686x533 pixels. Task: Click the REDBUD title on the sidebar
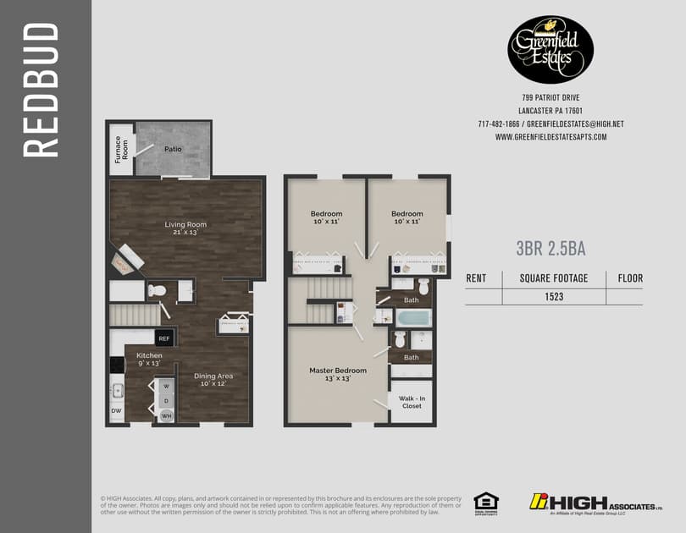pyautogui.click(x=41, y=91)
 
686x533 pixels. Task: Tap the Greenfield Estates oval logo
pyautogui.click(x=550, y=49)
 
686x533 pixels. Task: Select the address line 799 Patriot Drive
pyautogui.click(x=550, y=98)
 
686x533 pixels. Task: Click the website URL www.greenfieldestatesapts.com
pyautogui.click(x=550, y=137)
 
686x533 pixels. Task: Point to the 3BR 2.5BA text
pyautogui.click(x=551, y=249)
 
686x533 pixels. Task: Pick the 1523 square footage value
pyautogui.click(x=554, y=297)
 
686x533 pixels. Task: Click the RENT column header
pyautogui.click(x=477, y=277)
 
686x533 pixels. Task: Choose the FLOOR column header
pyautogui.click(x=630, y=277)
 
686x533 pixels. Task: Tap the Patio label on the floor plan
pyautogui.click(x=174, y=148)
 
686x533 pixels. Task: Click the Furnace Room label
pyautogui.click(x=121, y=149)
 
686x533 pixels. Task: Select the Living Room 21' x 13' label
pyautogui.click(x=185, y=228)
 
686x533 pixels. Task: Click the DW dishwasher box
pyautogui.click(x=116, y=412)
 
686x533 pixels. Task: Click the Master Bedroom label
pyautogui.click(x=337, y=374)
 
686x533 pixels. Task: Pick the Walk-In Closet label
pyautogui.click(x=411, y=401)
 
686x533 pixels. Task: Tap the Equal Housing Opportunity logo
pyautogui.click(x=485, y=502)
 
